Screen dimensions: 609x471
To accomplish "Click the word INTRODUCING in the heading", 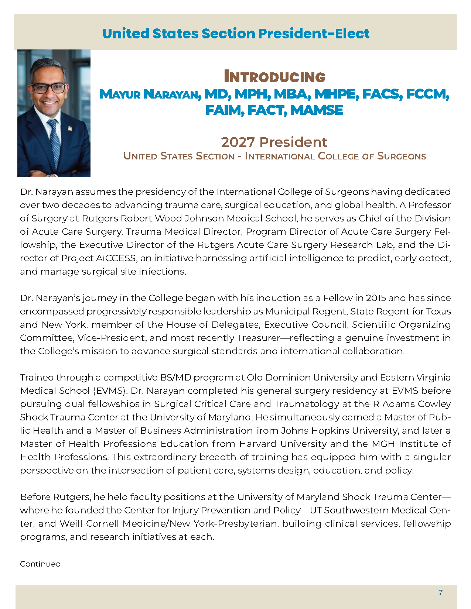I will click(x=274, y=77).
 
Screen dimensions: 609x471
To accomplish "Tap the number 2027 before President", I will click(x=238, y=142).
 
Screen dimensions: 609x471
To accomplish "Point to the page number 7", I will click(x=440, y=592).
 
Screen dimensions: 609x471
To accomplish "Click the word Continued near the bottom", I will click(x=40, y=564).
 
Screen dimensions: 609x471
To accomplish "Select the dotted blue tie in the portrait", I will click(x=54, y=140).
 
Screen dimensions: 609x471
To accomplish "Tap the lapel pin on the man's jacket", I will click(x=69, y=128).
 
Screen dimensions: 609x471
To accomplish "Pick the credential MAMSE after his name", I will click(x=317, y=110).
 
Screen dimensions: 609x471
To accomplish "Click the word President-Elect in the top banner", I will click(x=314, y=34).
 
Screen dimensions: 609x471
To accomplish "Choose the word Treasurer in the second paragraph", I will click(x=259, y=338).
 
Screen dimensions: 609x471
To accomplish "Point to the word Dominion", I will click(x=288, y=377).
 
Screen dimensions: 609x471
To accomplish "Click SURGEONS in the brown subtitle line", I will click(x=402, y=156).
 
